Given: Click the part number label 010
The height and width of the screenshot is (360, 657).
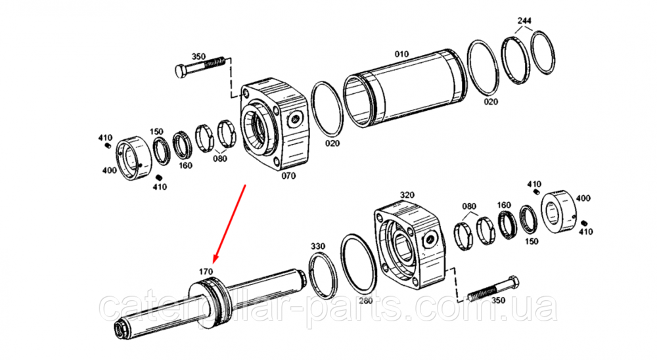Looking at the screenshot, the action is [401, 54].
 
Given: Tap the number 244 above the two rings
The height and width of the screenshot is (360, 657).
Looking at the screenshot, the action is [524, 20].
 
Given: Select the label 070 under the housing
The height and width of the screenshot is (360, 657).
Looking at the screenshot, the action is [288, 175].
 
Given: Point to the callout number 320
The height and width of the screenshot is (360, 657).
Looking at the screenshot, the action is [407, 195].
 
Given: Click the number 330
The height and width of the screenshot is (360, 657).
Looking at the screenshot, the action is [317, 246].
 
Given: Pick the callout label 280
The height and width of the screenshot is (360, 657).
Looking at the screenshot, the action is [365, 300].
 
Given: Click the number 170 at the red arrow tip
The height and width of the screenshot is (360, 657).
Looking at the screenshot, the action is [206, 271].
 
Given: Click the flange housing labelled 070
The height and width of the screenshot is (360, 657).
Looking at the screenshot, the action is [275, 124].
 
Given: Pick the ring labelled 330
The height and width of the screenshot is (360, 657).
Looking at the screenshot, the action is [323, 276].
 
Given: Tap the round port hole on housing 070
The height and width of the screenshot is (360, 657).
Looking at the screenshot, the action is [296, 119].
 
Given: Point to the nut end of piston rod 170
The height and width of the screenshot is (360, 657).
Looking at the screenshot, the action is [122, 329].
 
